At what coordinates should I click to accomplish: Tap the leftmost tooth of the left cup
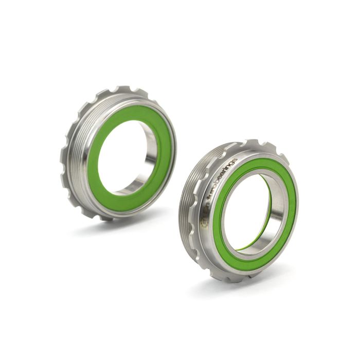(63, 154)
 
